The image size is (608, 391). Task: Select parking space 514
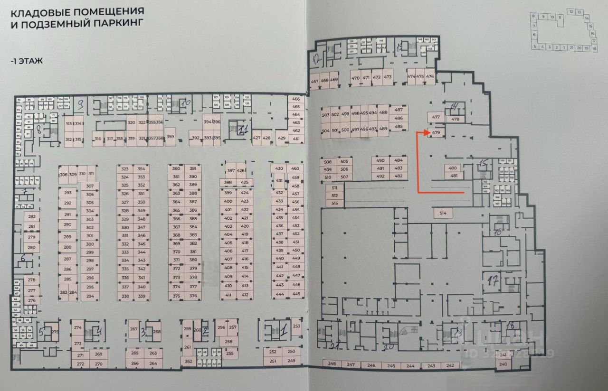443,214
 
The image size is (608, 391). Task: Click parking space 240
503,364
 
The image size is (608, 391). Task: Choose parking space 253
296,326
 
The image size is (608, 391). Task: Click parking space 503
325,114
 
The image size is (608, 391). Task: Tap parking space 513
335,203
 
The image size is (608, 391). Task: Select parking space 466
296,99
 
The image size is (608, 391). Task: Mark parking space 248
332,364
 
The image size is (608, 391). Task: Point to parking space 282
32,217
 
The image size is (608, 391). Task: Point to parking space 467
314,81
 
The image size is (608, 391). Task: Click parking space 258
228,342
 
